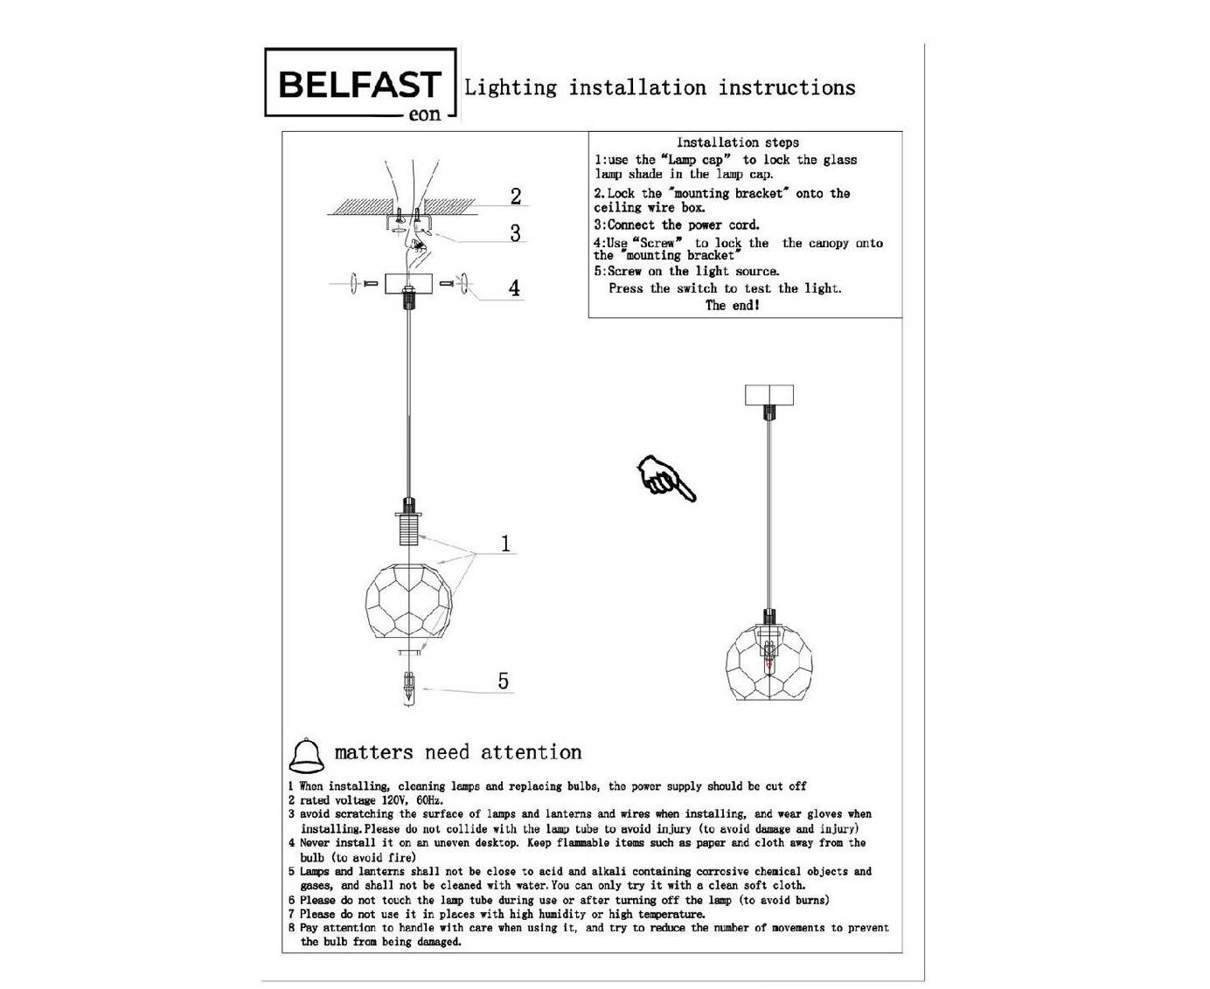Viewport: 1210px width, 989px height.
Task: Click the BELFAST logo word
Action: point(359,85)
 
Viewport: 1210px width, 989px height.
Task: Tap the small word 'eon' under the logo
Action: point(425,114)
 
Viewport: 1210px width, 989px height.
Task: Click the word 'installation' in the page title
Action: point(636,87)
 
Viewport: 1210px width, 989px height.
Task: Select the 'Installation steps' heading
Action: point(737,142)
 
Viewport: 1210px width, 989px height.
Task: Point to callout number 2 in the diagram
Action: point(516,196)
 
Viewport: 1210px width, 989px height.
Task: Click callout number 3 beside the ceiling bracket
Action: point(516,232)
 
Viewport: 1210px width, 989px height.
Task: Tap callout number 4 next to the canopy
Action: point(515,287)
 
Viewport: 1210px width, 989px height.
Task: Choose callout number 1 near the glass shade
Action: point(505,543)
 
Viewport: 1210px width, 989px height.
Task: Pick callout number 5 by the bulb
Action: point(504,681)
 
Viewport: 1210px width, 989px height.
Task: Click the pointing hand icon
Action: point(667,479)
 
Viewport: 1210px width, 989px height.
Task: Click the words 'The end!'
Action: point(733,305)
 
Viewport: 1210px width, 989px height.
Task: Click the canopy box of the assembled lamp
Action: point(768,395)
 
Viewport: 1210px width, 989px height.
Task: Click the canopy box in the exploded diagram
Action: point(408,283)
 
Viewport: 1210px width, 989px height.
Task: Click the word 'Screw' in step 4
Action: point(657,243)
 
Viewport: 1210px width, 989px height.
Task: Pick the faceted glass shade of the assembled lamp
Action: point(768,663)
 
